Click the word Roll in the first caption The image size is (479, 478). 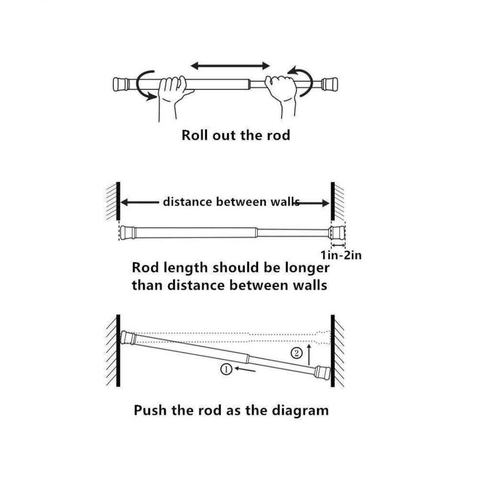click(194, 135)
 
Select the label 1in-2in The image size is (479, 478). click(341, 255)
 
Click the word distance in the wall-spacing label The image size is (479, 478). click(188, 202)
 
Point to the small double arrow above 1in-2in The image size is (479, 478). click(338, 245)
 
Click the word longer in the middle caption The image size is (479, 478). click(307, 268)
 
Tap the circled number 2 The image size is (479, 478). click(297, 352)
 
